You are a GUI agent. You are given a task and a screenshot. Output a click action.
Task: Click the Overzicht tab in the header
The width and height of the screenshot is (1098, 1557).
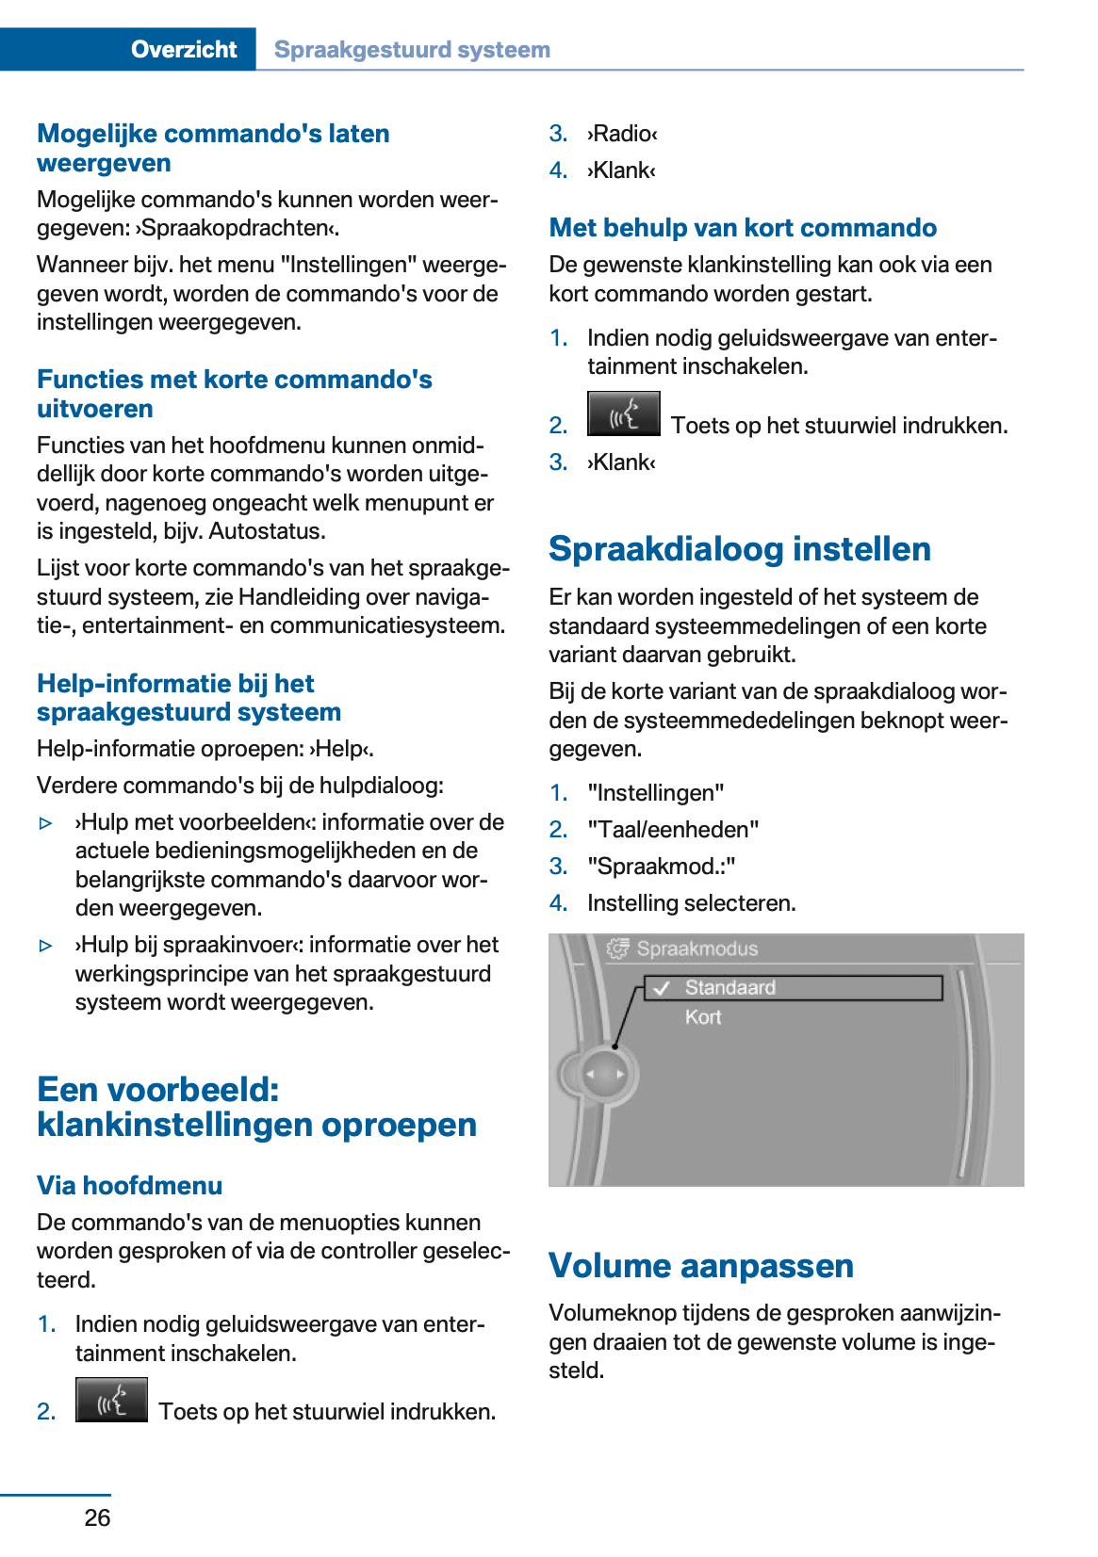183,49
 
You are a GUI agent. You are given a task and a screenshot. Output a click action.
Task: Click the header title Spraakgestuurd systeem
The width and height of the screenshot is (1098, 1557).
412,50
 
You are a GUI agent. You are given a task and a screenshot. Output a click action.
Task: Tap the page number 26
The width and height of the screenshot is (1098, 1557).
97,1517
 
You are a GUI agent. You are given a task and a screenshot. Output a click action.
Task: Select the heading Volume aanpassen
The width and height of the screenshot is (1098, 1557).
700,1265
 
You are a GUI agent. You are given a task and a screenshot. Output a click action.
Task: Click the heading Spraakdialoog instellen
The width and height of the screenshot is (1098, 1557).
739,549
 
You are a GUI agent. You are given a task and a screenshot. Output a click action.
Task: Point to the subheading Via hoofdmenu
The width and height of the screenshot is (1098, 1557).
129,1185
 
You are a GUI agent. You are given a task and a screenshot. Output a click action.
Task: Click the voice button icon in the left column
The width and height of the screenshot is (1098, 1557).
111,1400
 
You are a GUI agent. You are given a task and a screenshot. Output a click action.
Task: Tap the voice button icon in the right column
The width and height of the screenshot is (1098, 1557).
623,414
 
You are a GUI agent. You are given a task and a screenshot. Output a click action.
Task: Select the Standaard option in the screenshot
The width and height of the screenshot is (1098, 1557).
730,987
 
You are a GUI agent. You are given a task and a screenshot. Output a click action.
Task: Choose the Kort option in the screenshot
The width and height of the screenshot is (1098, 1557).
703,1017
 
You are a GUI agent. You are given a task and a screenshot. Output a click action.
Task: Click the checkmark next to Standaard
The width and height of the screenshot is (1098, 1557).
662,987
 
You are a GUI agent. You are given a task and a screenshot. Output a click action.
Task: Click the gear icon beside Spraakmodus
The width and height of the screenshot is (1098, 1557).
617,949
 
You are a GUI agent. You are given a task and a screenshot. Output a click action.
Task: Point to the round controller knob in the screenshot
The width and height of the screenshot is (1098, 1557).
602,1074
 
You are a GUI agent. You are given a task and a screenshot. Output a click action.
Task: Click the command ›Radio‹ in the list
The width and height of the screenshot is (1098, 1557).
622,134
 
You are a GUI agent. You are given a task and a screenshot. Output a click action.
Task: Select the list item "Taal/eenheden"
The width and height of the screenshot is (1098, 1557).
673,830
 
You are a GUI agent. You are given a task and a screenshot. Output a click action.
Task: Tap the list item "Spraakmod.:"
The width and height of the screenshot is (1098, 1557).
661,867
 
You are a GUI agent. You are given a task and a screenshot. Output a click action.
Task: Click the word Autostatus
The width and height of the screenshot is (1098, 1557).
267,531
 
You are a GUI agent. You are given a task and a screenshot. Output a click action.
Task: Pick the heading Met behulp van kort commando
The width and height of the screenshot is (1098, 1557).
743,228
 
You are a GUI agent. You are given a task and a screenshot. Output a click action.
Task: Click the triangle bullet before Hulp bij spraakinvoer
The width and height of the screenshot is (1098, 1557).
46,946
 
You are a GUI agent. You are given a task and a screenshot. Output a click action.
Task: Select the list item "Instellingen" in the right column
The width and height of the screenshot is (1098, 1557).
655,793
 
